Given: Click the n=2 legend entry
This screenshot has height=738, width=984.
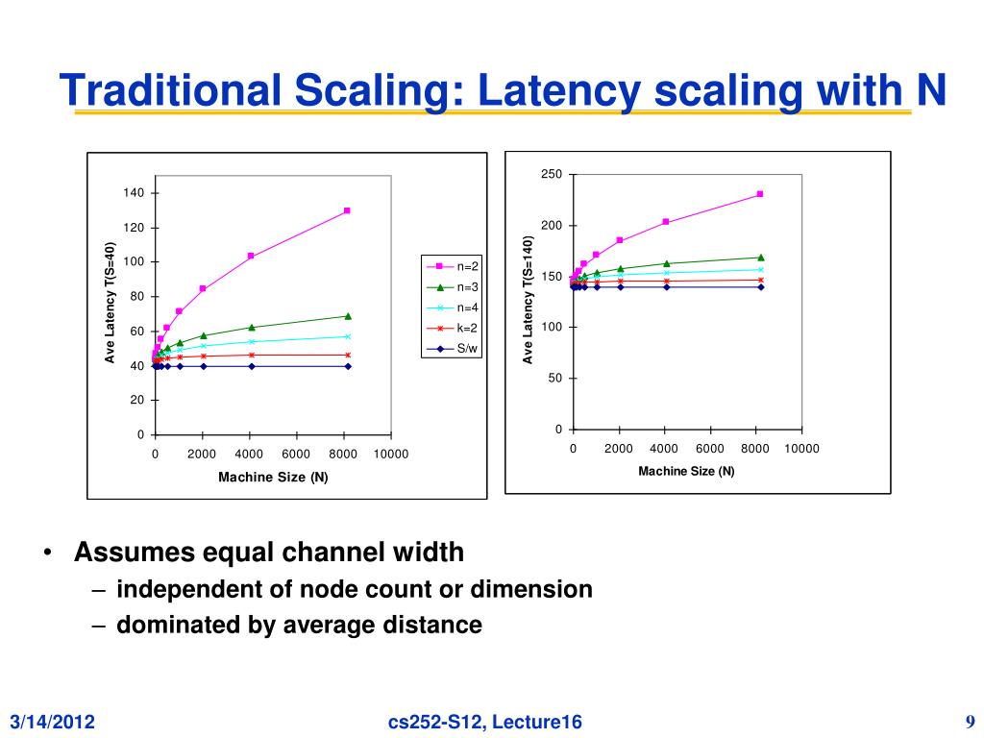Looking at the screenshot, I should pyautogui.click(x=452, y=266).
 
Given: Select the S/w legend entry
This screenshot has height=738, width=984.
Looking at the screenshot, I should pyautogui.click(x=452, y=349).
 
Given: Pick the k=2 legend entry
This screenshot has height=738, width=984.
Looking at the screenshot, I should pyautogui.click(x=452, y=329).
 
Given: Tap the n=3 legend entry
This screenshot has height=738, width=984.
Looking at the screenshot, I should pyautogui.click(x=452, y=287).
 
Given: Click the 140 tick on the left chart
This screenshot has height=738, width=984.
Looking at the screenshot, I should pyautogui.click(x=134, y=193).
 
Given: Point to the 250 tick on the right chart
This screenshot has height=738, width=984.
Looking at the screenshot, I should pyautogui.click(x=551, y=174).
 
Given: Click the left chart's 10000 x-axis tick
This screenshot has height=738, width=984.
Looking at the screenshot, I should pyautogui.click(x=390, y=455).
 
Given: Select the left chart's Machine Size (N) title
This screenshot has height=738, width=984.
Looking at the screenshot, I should pyautogui.click(x=273, y=478).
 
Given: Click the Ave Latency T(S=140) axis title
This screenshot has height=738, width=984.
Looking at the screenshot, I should pyautogui.click(x=528, y=300).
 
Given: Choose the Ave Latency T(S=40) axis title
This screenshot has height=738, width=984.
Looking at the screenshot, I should pyautogui.click(x=111, y=304).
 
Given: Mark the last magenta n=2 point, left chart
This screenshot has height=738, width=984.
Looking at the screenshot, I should pyautogui.click(x=347, y=210).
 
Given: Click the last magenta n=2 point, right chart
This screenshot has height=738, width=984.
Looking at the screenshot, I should pyautogui.click(x=759, y=194).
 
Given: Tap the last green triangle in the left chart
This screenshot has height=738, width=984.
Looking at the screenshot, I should pyautogui.click(x=347, y=316).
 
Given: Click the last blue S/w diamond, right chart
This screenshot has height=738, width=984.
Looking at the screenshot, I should pyautogui.click(x=759, y=286).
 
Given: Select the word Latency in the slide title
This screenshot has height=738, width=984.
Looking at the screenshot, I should pyautogui.click(x=557, y=91).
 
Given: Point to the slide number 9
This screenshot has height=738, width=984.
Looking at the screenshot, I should pyautogui.click(x=971, y=722).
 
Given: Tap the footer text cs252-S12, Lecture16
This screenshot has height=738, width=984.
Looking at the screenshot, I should pyautogui.click(x=485, y=723).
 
